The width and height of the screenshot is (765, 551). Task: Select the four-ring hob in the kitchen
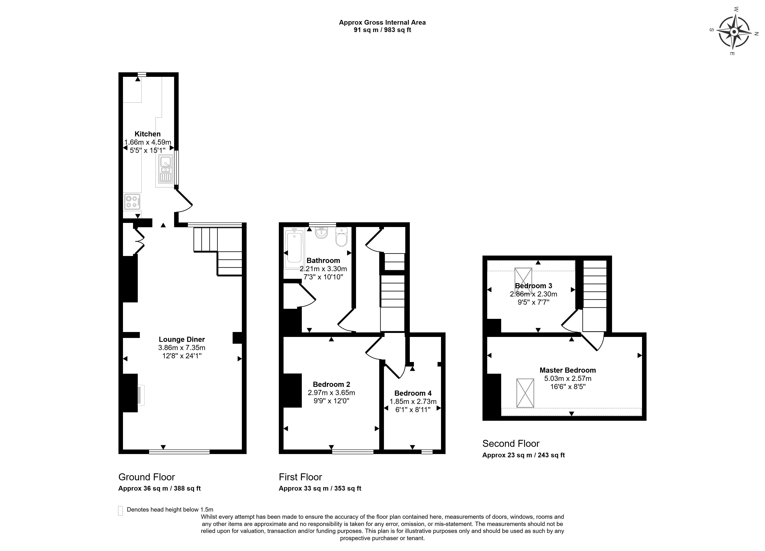click(x=132, y=202)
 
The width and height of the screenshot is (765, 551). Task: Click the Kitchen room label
click(x=147, y=134)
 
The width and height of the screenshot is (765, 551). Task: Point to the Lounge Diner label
click(x=182, y=339)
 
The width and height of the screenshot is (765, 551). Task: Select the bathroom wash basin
click(x=322, y=233)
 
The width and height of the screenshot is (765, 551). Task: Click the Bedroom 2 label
click(x=331, y=384)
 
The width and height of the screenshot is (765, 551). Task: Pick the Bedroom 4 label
click(x=413, y=393)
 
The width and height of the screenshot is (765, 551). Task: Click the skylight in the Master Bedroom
click(x=525, y=393)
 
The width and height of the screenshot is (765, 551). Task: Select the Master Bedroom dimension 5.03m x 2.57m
click(x=568, y=379)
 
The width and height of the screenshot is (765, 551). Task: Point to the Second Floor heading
click(x=511, y=443)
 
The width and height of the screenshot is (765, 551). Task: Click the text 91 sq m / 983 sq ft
click(x=382, y=30)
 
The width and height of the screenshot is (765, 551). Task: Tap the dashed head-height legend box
click(x=120, y=511)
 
